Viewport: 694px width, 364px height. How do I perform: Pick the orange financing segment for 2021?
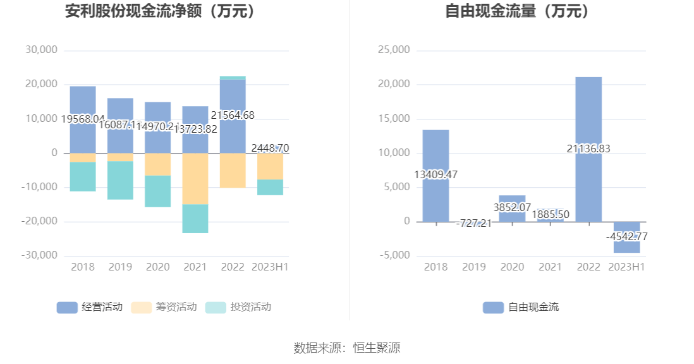(195, 179)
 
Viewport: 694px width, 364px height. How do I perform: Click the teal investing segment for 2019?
(120, 181)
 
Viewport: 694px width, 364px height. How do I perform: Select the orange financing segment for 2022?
(233, 170)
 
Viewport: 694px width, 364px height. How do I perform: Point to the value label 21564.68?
(233, 115)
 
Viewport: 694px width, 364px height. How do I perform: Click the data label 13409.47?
(435, 174)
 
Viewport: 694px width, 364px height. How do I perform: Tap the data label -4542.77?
(626, 236)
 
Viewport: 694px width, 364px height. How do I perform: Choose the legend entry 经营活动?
(90, 307)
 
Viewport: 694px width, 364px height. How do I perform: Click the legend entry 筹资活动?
(164, 307)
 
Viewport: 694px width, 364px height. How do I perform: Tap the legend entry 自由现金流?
(521, 307)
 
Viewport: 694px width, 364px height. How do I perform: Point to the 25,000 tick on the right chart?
(393, 50)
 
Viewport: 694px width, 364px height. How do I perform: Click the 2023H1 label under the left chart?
(270, 267)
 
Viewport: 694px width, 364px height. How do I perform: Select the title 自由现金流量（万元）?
(517, 11)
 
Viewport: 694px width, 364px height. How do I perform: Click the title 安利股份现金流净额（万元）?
(162, 11)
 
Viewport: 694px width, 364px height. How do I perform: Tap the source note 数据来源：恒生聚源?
(347, 348)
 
